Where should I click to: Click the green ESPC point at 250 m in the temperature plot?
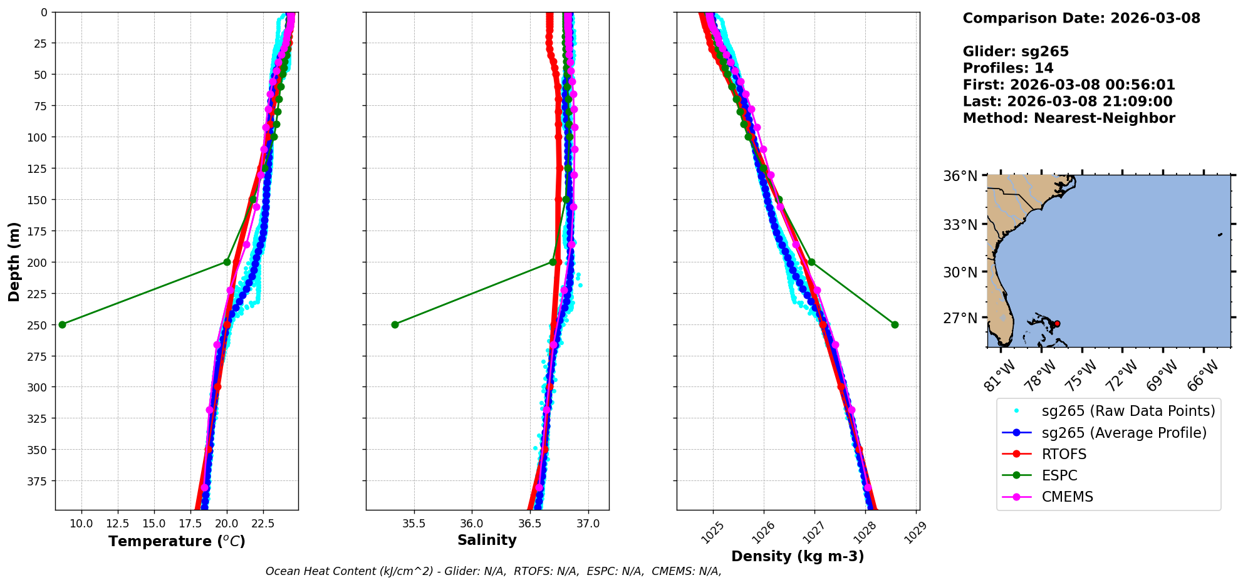click(x=62, y=324)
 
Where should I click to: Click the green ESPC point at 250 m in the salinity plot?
click(x=395, y=324)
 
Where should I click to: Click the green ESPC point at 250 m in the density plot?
click(x=895, y=324)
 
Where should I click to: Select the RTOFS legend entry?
click(x=1064, y=454)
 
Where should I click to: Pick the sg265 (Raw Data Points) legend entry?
click(x=1128, y=411)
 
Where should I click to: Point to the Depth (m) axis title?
click(x=14, y=261)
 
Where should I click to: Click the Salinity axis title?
click(x=487, y=541)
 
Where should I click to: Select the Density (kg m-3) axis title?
click(x=798, y=556)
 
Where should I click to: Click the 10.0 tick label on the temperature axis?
click(x=81, y=524)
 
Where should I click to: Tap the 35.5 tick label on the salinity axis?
click(x=414, y=524)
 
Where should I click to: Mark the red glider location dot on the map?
click(x=1057, y=324)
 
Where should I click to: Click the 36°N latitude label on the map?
click(x=960, y=176)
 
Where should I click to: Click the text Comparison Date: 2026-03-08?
click(x=1081, y=18)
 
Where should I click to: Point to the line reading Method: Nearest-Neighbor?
click(x=1069, y=118)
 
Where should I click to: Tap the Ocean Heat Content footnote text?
click(x=493, y=571)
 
